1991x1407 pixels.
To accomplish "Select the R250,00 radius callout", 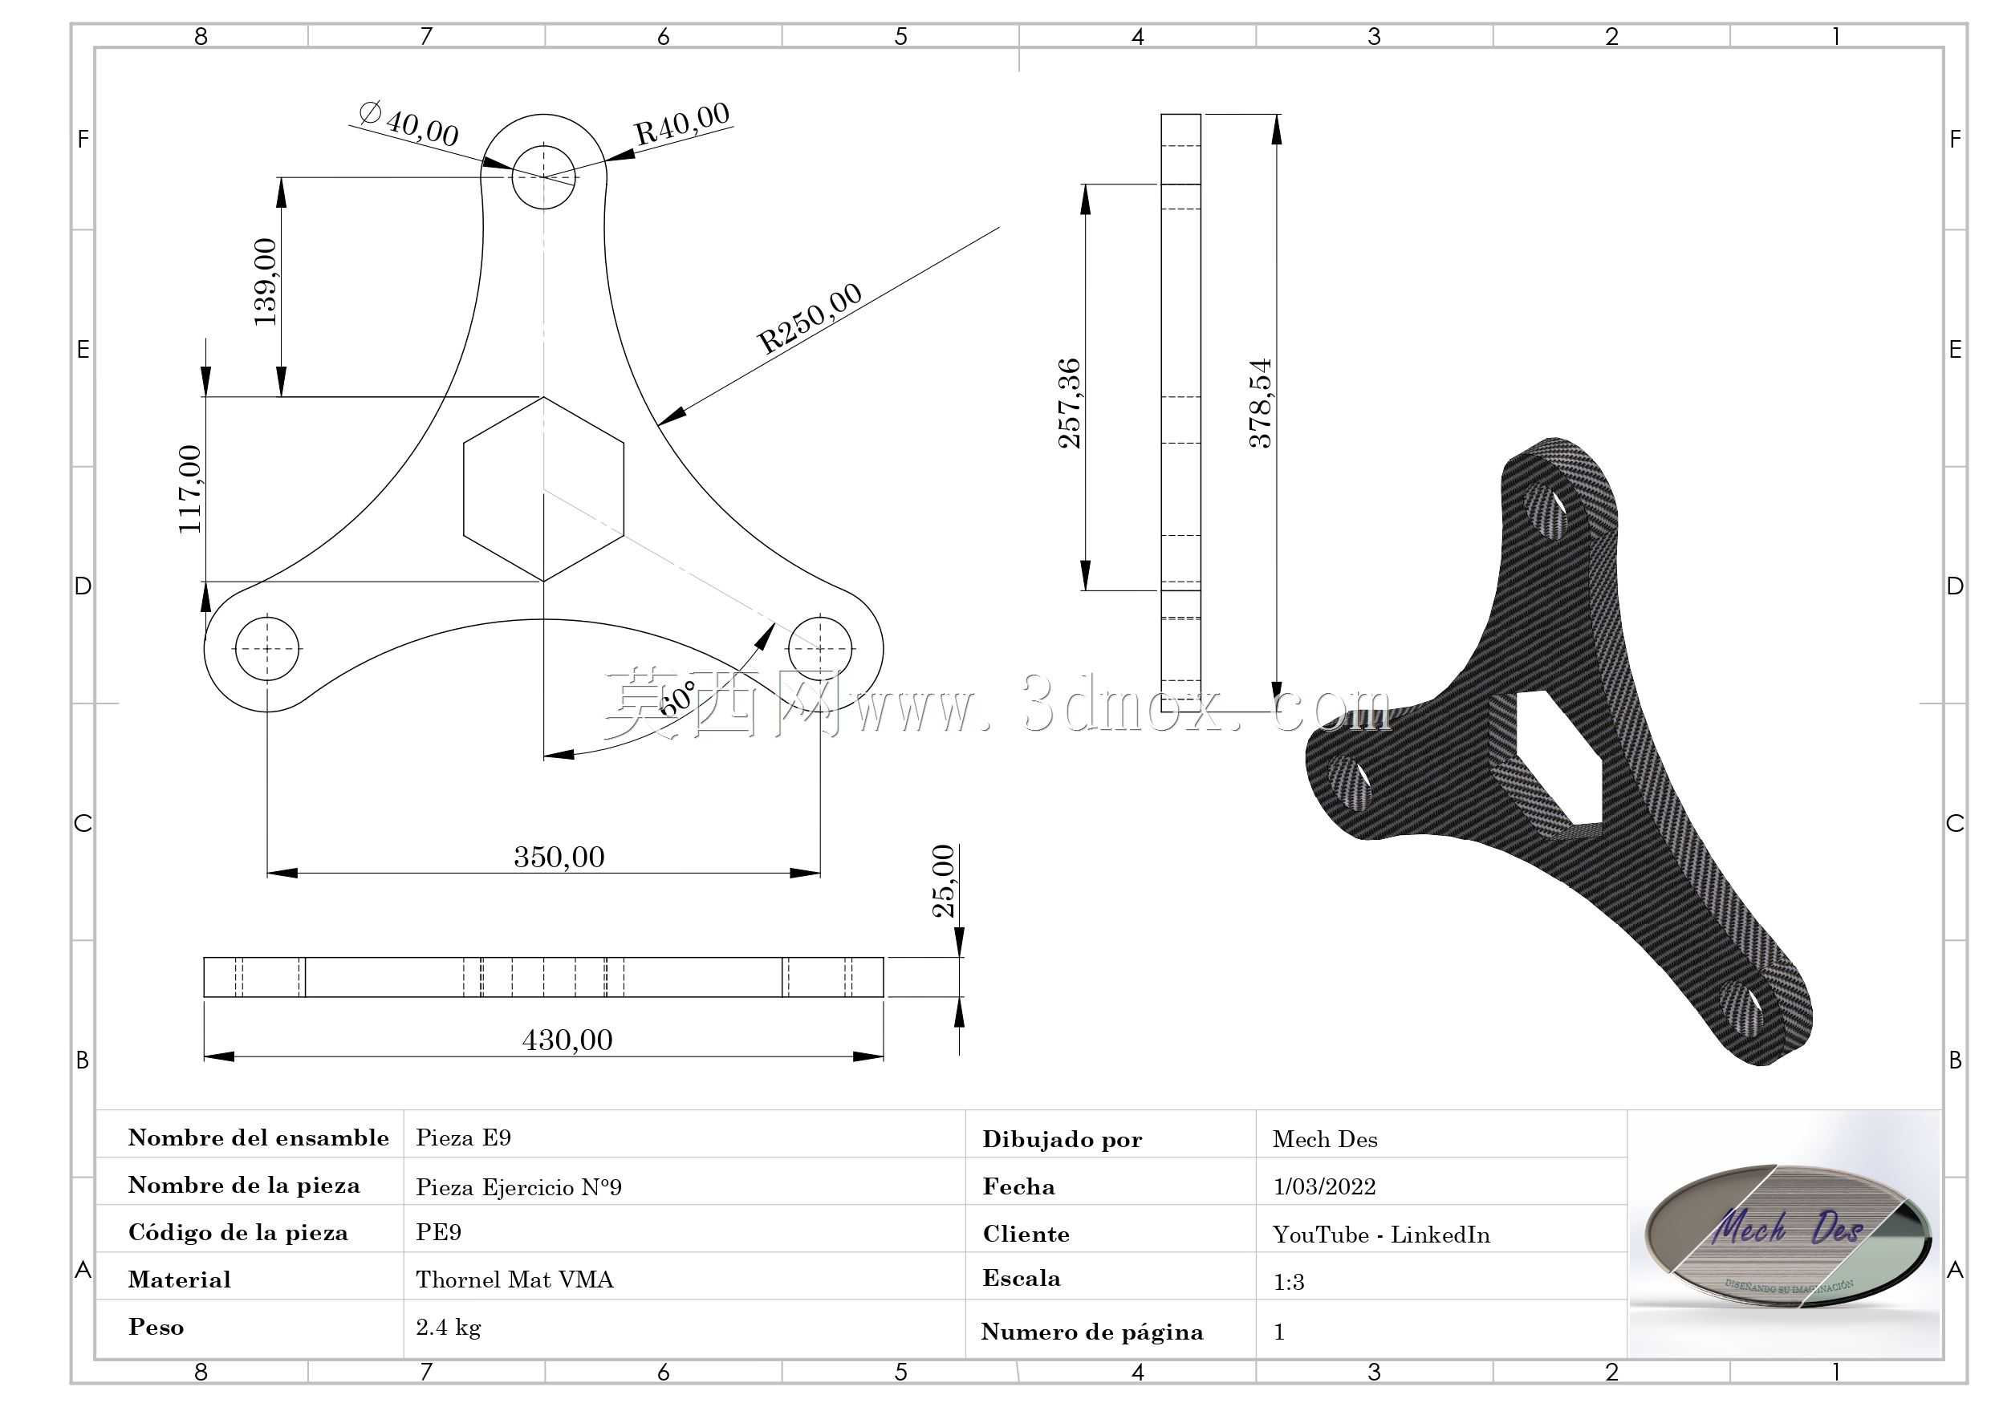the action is [x=811, y=318].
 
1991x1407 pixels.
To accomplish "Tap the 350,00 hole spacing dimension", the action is [x=559, y=858].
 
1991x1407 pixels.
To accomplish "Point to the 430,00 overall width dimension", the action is [x=567, y=1040].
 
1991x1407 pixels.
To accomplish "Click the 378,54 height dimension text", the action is [x=1260, y=403].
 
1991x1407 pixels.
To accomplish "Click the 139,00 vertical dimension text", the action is [x=266, y=282].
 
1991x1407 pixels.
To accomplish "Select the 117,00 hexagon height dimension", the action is [x=190, y=489].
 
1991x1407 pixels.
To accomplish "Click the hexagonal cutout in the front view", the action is [x=544, y=489].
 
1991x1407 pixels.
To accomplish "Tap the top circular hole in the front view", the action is [x=544, y=176].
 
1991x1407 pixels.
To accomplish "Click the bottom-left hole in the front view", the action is [x=267, y=648].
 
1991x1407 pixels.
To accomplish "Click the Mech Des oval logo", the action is [x=1788, y=1235].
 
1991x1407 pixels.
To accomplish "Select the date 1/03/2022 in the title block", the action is [x=1324, y=1186].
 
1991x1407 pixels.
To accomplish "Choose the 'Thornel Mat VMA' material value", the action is [x=514, y=1279].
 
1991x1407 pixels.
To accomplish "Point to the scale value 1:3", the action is [x=1289, y=1282].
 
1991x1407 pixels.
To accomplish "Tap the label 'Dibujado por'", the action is [x=1063, y=1140].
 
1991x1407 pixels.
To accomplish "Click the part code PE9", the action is [x=439, y=1232].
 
